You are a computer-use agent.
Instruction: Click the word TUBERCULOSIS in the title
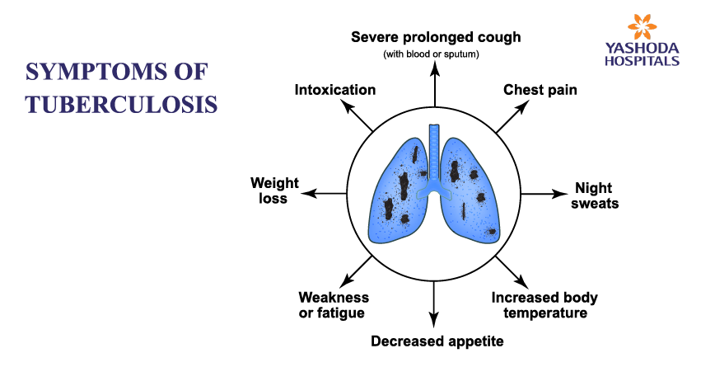point(121,104)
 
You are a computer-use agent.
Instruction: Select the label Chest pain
point(540,89)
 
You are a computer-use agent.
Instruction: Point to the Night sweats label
point(596,195)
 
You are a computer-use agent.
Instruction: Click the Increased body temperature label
point(544,305)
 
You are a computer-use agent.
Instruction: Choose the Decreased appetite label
point(437,340)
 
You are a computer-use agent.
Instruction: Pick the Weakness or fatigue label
point(333,305)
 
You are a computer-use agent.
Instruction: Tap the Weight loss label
point(274,191)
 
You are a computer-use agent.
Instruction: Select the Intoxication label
point(335,89)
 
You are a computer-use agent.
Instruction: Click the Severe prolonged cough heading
point(437,37)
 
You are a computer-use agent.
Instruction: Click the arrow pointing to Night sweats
point(541,195)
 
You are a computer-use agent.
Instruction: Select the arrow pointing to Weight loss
point(323,195)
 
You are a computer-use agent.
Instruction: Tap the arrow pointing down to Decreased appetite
point(433,305)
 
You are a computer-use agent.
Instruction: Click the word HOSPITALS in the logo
point(642,61)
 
